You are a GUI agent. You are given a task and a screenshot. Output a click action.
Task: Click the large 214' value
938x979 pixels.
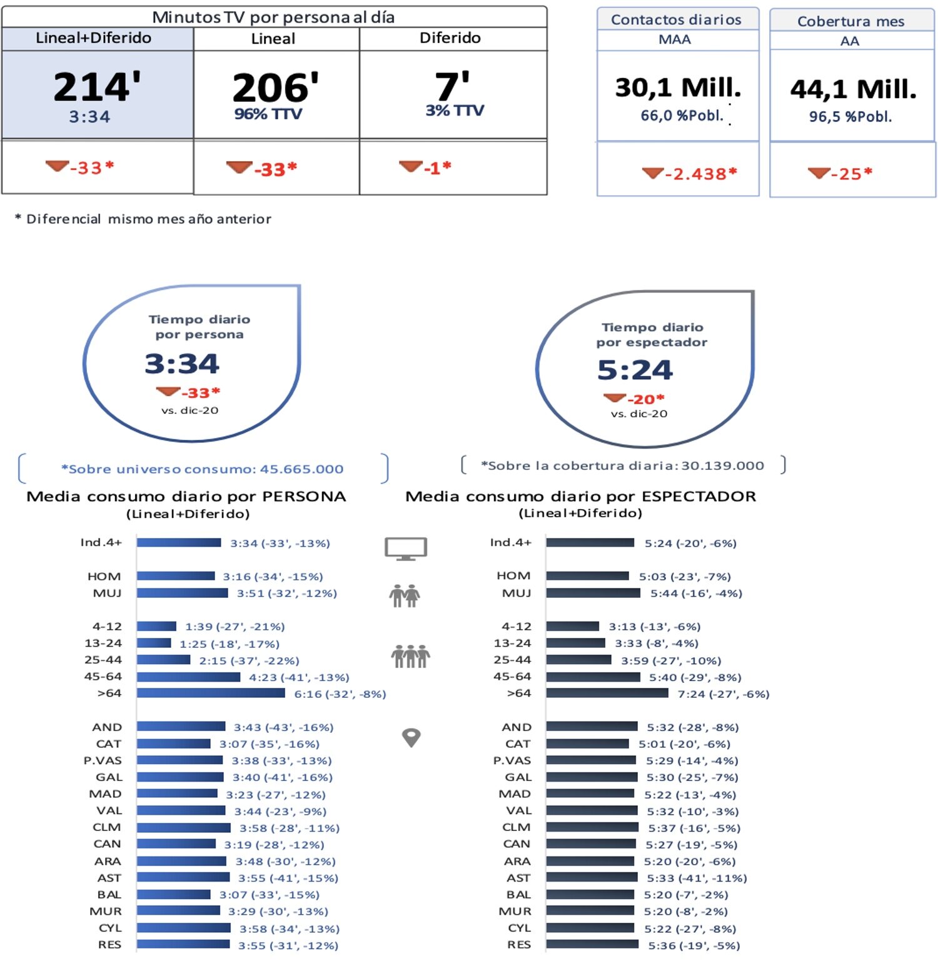(x=97, y=87)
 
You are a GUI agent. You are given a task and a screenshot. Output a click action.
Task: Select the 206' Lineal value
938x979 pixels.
(x=275, y=87)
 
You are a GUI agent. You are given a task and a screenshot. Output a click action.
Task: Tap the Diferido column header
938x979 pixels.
(x=450, y=38)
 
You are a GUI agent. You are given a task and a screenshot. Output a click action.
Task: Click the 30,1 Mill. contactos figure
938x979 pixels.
(x=678, y=87)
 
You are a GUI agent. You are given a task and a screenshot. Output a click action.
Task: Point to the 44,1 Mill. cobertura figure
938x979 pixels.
(x=853, y=89)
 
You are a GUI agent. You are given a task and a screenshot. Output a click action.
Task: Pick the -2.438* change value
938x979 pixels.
(x=700, y=174)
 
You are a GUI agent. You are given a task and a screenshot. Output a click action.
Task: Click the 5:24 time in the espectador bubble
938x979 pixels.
(x=635, y=370)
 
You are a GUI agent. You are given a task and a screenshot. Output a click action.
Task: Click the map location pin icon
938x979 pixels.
(x=411, y=738)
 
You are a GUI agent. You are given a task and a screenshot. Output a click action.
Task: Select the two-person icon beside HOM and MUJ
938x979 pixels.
(x=405, y=596)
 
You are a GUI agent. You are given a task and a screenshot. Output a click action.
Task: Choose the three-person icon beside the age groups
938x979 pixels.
(x=410, y=656)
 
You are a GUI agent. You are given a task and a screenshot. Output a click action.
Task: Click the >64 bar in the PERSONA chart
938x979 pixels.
(x=211, y=693)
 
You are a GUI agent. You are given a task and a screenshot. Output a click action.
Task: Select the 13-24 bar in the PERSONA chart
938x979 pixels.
(x=154, y=643)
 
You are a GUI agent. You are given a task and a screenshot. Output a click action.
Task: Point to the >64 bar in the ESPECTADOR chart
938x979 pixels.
(x=607, y=693)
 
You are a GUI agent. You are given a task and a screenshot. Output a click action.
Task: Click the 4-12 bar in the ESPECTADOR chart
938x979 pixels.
(x=572, y=626)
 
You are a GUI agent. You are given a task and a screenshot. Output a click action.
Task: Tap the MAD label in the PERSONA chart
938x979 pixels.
(x=105, y=794)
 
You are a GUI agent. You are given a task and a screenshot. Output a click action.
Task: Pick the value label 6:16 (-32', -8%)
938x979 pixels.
(x=340, y=693)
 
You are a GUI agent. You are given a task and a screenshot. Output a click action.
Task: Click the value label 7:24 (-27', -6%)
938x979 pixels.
(x=723, y=693)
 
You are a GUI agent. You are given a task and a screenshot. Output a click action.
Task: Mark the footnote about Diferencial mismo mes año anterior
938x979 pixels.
(x=143, y=219)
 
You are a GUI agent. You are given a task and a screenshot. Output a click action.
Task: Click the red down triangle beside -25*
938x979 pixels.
(x=819, y=172)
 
